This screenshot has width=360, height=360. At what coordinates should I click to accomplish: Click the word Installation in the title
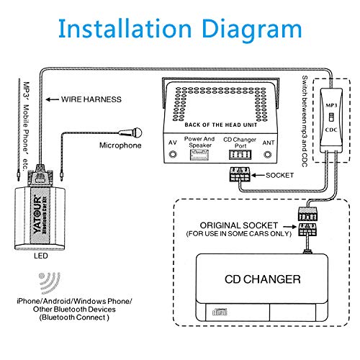pos(125,29)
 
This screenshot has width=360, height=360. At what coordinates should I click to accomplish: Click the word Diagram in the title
pos(252,31)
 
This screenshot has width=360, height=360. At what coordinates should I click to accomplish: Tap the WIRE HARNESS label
pos(91,99)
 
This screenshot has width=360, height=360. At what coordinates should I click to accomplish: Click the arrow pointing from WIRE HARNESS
pos(53,99)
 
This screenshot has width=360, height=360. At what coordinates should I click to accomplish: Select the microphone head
pos(137,132)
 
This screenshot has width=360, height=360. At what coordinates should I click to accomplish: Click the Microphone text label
pos(120,145)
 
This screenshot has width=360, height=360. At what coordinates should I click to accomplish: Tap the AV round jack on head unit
pos(173,154)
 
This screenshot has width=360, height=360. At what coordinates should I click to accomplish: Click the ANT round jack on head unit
pos(268,154)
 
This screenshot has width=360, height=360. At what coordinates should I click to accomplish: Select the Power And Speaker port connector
pos(199,155)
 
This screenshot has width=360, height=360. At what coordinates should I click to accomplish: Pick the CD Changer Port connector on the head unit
pos(240,155)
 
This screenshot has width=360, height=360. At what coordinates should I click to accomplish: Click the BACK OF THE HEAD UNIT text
pos(221,125)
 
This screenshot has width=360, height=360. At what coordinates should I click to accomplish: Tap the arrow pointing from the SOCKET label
pos(258,175)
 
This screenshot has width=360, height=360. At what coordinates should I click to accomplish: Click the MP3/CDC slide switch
pos(331,117)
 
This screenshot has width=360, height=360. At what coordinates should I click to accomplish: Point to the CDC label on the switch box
pos(331,130)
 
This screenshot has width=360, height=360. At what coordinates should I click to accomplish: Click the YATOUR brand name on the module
pos(37,215)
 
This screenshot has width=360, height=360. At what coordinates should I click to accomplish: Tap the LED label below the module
pos(41,256)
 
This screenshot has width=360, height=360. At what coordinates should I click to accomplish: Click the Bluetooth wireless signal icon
pos(49,282)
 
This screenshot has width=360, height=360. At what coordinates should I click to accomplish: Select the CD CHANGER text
pos(263,279)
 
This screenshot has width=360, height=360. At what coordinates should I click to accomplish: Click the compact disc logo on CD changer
pos(220,312)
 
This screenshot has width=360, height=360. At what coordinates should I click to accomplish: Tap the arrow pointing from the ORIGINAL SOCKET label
pos(289,226)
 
